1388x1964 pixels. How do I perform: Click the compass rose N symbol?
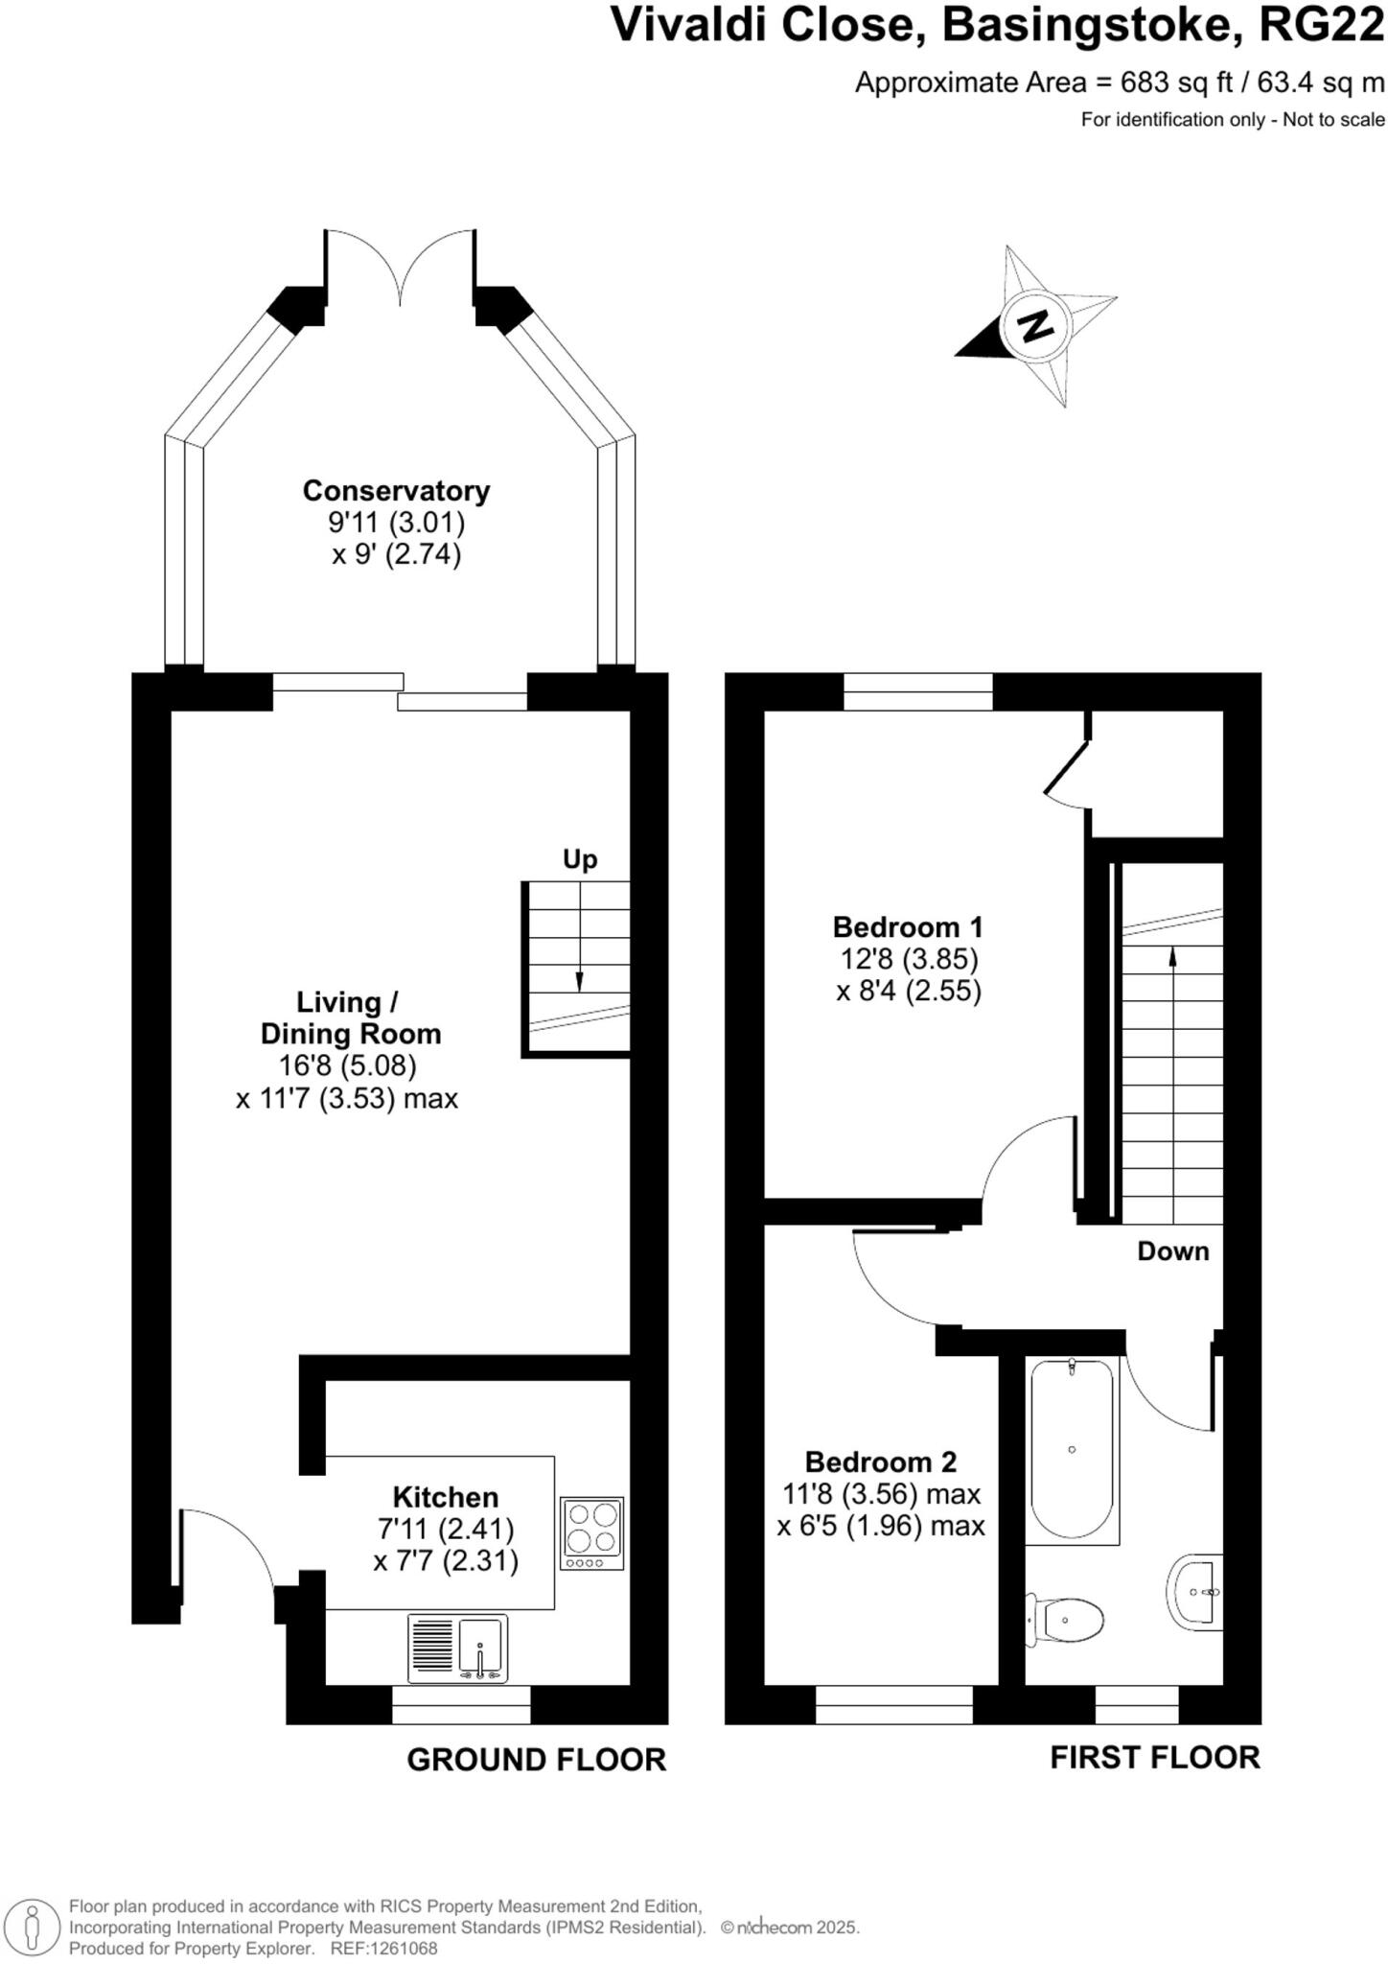tap(1034, 326)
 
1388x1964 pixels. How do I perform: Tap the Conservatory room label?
tap(396, 491)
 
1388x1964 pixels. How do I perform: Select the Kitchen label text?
tap(445, 1497)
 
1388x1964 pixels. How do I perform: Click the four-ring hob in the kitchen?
tap(591, 1533)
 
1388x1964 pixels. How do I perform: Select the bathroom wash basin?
tap(1196, 1592)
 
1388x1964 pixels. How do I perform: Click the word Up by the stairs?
tap(579, 859)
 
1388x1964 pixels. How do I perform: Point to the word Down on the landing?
tap(1172, 1251)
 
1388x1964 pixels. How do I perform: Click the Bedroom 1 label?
tap(908, 927)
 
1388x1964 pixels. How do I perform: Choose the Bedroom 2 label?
tap(880, 1462)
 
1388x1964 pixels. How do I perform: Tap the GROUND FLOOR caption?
tap(536, 1760)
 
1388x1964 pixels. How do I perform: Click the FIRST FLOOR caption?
tap(1154, 1758)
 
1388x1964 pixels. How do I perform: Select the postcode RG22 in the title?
tap(1321, 26)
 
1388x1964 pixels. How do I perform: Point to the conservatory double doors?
tap(400, 264)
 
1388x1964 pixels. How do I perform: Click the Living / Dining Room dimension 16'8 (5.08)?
tap(347, 1065)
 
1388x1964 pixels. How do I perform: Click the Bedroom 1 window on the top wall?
tap(917, 692)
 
